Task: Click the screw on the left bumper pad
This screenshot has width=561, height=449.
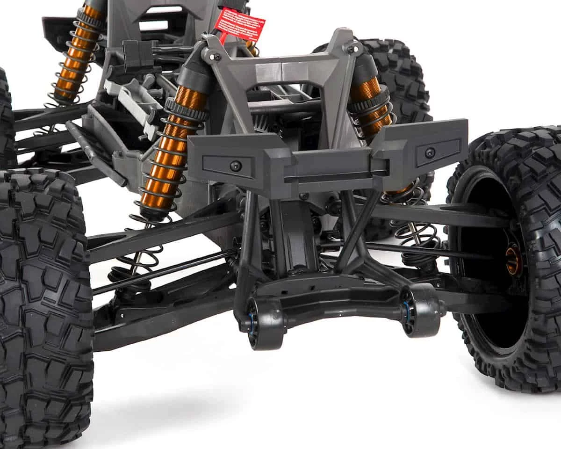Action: tap(236, 166)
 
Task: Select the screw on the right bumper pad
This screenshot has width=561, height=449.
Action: tap(429, 152)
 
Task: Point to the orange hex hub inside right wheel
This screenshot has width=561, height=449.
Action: tap(513, 261)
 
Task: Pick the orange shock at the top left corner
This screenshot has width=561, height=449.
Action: tap(75, 56)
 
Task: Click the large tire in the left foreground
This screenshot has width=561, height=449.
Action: tap(42, 304)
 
